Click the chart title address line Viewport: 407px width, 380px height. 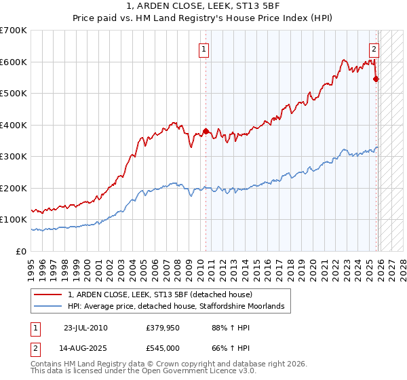click(203, 6)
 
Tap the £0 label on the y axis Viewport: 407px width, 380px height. click(22, 251)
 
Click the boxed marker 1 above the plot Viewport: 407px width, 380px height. click(204, 49)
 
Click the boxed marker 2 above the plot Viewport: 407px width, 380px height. click(374, 49)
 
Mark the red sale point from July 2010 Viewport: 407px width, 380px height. click(206, 131)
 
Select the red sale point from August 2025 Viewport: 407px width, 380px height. click(376, 79)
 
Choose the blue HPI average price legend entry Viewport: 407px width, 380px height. click(176, 307)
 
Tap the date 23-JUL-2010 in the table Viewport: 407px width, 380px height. click(85, 328)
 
